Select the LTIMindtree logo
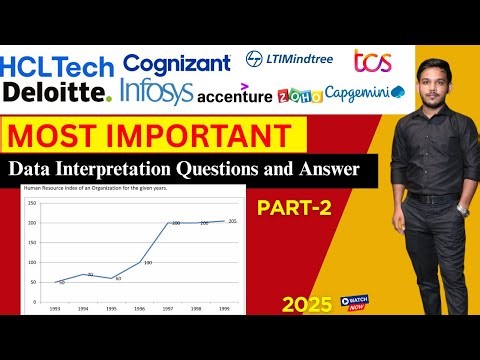pyautogui.click(x=290, y=59)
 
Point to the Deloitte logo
pyautogui.click(x=56, y=93)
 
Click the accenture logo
pyautogui.click(x=234, y=96)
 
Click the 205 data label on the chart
pyautogui.click(x=232, y=220)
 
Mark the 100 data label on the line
pyautogui.click(x=147, y=262)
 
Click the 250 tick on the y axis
pyautogui.click(x=32, y=203)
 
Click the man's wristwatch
pyautogui.click(x=461, y=210)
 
